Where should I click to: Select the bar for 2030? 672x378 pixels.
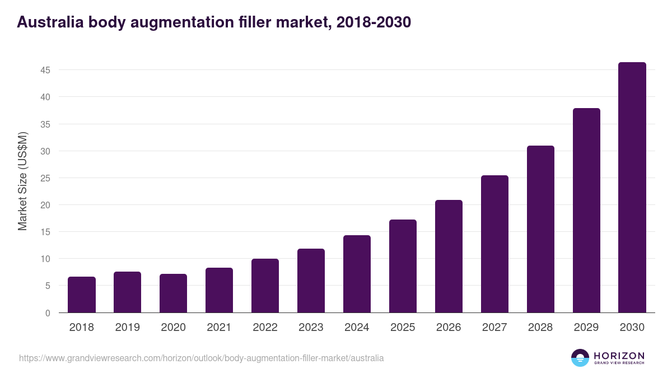[632, 188]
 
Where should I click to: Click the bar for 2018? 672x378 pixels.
[82, 295]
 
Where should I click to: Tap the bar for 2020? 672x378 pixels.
[174, 293]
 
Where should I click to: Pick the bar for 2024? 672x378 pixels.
[357, 274]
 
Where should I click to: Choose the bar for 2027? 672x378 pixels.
[494, 244]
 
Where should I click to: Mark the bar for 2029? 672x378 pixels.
[586, 211]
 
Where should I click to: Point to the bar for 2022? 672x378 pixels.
[265, 286]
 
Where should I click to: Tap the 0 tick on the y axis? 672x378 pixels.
[48, 313]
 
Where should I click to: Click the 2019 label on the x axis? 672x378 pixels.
[128, 328]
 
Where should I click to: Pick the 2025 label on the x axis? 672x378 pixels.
[403, 328]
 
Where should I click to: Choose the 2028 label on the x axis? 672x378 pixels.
[540, 328]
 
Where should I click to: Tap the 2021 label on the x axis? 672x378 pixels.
[220, 328]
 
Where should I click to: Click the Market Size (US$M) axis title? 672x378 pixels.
[22, 181]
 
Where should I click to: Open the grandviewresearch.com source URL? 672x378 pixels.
[202, 358]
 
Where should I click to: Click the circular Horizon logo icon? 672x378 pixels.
[580, 358]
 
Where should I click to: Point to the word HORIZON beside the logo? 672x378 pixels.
[619, 355]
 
